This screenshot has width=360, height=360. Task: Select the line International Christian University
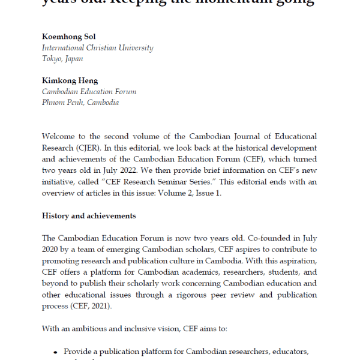tap(97, 47)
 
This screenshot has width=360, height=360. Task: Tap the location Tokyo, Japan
tap(62, 59)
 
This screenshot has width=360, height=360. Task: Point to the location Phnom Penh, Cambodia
tap(80, 103)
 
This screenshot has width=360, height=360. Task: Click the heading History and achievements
tap(89, 215)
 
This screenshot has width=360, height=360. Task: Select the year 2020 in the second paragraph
tap(52, 250)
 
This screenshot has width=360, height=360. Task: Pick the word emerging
tap(131, 250)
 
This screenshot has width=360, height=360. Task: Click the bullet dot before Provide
tap(56, 352)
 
